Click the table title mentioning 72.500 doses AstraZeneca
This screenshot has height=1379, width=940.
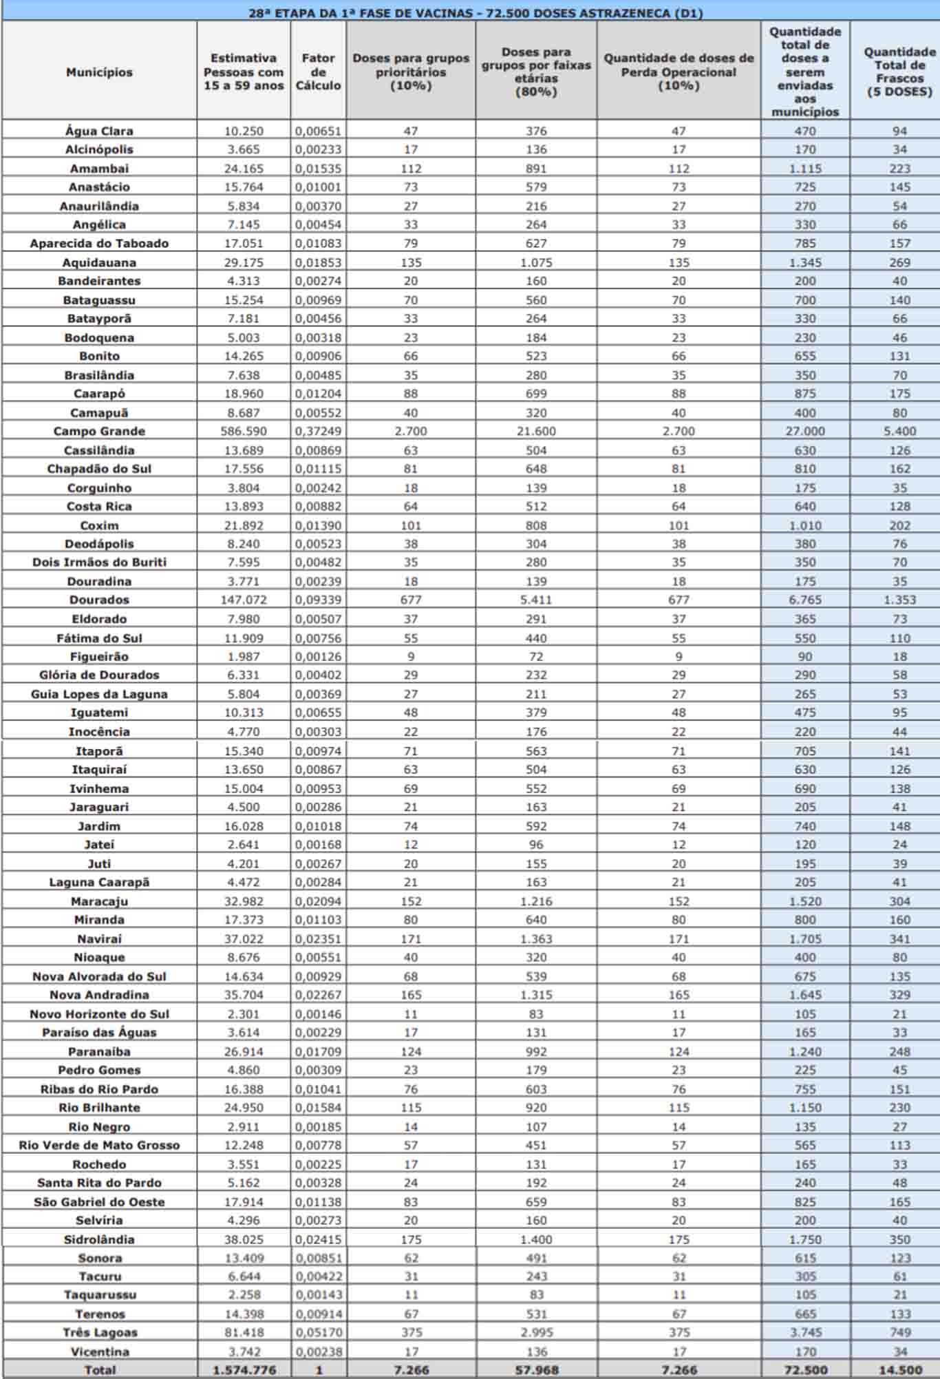pos(476,12)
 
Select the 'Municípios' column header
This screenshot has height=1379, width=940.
pos(99,72)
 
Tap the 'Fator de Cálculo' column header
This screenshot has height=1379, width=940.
pos(318,72)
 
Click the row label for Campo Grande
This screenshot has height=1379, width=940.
pos(99,431)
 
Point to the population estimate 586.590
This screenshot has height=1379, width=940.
pos(244,431)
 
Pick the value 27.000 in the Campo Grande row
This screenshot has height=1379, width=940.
pos(805,431)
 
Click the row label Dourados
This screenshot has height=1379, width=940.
pos(99,600)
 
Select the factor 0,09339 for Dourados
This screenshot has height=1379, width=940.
pos(318,600)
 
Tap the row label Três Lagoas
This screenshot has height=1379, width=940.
pos(99,1332)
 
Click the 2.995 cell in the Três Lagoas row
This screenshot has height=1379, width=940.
pos(536,1332)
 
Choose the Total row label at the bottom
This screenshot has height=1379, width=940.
pos(99,1370)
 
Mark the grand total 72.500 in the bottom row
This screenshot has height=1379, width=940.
pos(805,1370)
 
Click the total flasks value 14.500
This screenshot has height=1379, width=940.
pos(899,1370)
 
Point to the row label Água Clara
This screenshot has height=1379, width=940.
pos(99,131)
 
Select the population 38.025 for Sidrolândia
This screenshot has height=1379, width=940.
pos(244,1239)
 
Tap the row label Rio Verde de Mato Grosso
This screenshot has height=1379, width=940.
pos(99,1145)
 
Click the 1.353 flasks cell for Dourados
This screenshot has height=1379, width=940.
pos(899,600)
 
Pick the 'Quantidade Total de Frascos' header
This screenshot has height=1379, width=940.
pos(899,72)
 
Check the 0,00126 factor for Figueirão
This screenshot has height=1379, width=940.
pos(318,657)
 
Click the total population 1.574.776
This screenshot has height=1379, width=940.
pos(244,1370)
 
